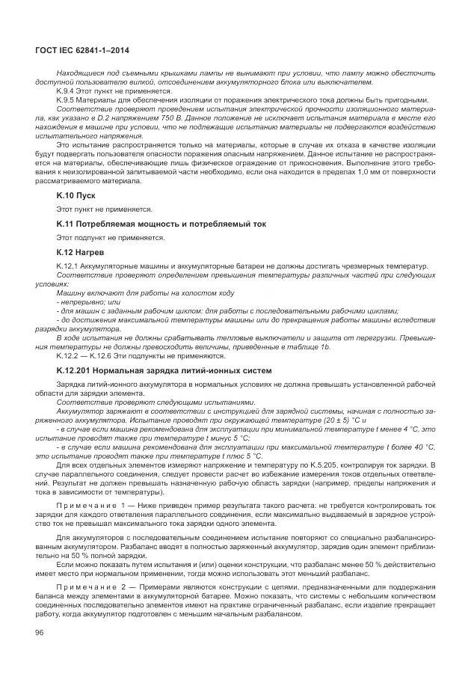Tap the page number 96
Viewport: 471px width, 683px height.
[40, 634]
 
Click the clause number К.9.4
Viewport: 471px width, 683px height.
[67, 91]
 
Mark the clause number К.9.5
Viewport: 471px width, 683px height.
[67, 99]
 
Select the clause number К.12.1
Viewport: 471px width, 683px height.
[68, 266]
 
